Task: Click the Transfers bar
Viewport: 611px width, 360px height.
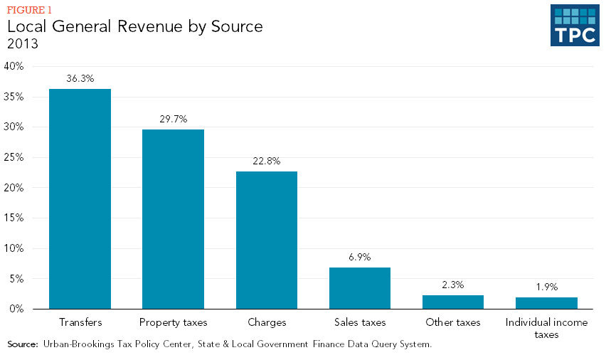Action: pos(80,199)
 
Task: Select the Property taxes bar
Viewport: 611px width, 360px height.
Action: pos(173,219)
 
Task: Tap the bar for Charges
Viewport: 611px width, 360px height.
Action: pos(267,240)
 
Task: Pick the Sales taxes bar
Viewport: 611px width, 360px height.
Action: pos(360,288)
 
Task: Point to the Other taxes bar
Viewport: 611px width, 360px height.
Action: pos(453,302)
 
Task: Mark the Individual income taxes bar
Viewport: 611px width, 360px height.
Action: pos(546,303)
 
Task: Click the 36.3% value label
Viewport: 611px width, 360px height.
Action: pos(80,79)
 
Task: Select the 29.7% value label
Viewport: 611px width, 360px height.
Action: pos(173,119)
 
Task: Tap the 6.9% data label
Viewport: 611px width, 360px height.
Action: pos(360,257)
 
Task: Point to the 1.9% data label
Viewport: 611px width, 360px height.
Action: pos(546,287)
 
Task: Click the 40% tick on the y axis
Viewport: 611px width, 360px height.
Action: pos(14,66)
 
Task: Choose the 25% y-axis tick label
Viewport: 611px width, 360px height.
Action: pos(14,157)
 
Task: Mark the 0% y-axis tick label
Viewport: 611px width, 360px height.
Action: pos(17,309)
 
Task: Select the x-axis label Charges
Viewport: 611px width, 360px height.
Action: pos(267,322)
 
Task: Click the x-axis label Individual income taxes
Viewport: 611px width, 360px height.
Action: pos(546,328)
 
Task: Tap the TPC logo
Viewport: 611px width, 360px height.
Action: pos(574,26)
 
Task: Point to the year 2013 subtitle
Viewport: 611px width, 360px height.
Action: pos(22,44)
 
